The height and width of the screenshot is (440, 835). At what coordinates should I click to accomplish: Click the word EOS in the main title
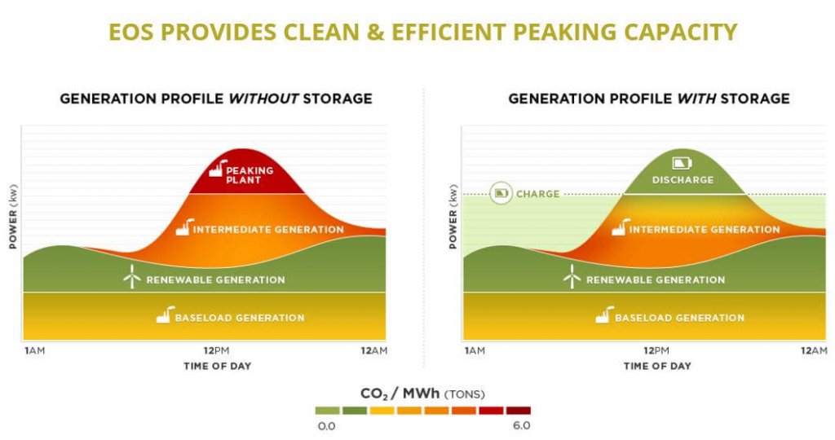click(132, 32)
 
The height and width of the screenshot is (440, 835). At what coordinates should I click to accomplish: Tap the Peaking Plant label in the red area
click(250, 174)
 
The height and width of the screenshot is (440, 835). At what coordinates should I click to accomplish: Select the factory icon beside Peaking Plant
click(216, 169)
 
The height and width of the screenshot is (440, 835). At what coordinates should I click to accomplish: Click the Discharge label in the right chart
click(683, 180)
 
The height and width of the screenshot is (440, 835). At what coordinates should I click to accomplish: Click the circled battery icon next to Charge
click(501, 194)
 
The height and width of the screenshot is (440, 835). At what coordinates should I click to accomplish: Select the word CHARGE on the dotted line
click(537, 194)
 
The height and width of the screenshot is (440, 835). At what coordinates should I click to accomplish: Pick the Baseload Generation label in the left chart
click(239, 318)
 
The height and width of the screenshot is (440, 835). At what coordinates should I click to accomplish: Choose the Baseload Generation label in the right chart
click(679, 318)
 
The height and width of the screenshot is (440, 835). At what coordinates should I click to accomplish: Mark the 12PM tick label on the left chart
click(215, 350)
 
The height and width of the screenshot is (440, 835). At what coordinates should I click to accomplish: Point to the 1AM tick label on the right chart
click(474, 350)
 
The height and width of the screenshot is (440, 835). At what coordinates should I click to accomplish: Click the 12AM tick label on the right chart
click(812, 350)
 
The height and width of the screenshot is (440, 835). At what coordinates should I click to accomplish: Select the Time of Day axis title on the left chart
click(216, 366)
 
